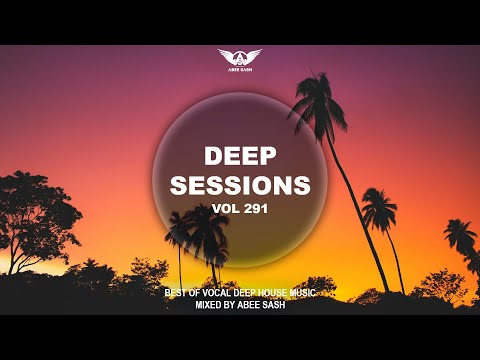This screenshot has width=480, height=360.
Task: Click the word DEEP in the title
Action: point(240,157)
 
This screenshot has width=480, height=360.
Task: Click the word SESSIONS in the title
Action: point(240,186)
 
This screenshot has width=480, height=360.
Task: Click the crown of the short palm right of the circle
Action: point(379,208)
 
